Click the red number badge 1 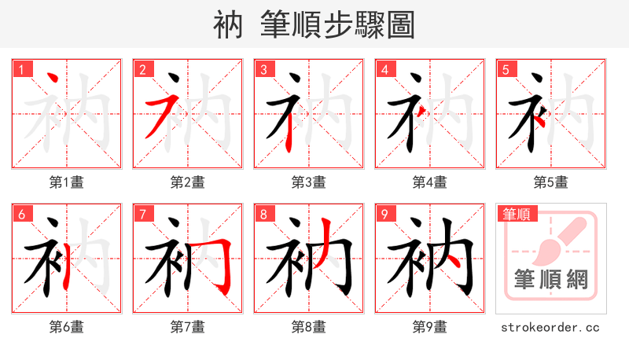pos(20,69)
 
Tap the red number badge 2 pos(142,69)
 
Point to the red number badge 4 pos(384,69)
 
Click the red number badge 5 pos(505,69)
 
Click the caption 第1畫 pos(66,182)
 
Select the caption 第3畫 pos(308,182)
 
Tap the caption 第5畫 pos(550,182)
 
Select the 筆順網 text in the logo pos(550,279)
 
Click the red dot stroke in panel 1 pos(53,80)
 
